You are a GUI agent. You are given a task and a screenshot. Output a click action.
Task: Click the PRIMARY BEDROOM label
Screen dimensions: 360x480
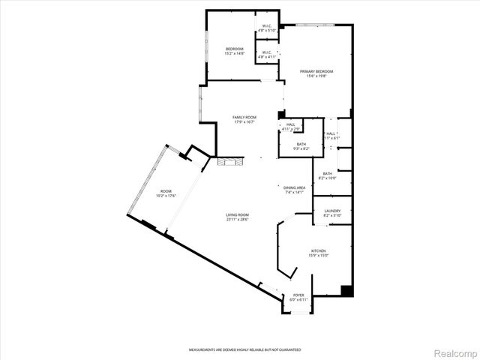[316, 71]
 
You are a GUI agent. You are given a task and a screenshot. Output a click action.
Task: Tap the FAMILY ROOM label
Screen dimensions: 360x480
[244, 118]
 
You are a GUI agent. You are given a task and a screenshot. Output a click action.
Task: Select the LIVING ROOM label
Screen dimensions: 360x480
[237, 215]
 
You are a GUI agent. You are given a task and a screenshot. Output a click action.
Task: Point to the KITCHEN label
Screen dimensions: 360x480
[319, 251]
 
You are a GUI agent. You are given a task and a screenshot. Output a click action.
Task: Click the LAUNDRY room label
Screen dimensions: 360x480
[332, 211]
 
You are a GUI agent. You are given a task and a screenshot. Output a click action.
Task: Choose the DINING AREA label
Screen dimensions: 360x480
[294, 187]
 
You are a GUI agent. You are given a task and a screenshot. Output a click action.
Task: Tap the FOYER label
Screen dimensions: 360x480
[298, 295]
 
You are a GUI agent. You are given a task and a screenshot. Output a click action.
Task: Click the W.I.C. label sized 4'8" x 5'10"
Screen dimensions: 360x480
[266, 27]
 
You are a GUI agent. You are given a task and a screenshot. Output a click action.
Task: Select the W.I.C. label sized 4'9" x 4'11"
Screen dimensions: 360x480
[266, 52]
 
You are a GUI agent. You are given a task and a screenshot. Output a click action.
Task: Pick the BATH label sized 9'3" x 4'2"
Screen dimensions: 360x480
[301, 144]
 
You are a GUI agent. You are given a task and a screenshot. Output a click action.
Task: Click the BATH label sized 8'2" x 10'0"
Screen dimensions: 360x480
[328, 173]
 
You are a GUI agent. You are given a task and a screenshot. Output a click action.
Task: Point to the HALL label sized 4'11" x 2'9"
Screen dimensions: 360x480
[290, 124]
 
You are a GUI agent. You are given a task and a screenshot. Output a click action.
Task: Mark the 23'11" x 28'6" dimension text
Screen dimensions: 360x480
[237, 220]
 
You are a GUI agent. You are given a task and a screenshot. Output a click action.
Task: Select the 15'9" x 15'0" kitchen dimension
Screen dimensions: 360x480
[319, 256]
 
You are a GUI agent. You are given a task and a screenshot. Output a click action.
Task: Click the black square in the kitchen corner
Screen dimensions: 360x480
[346, 290]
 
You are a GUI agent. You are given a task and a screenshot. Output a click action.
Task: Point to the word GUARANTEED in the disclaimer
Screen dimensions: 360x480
[288, 349]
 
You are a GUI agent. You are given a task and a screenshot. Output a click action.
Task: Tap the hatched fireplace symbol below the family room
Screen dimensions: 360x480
[227, 161]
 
